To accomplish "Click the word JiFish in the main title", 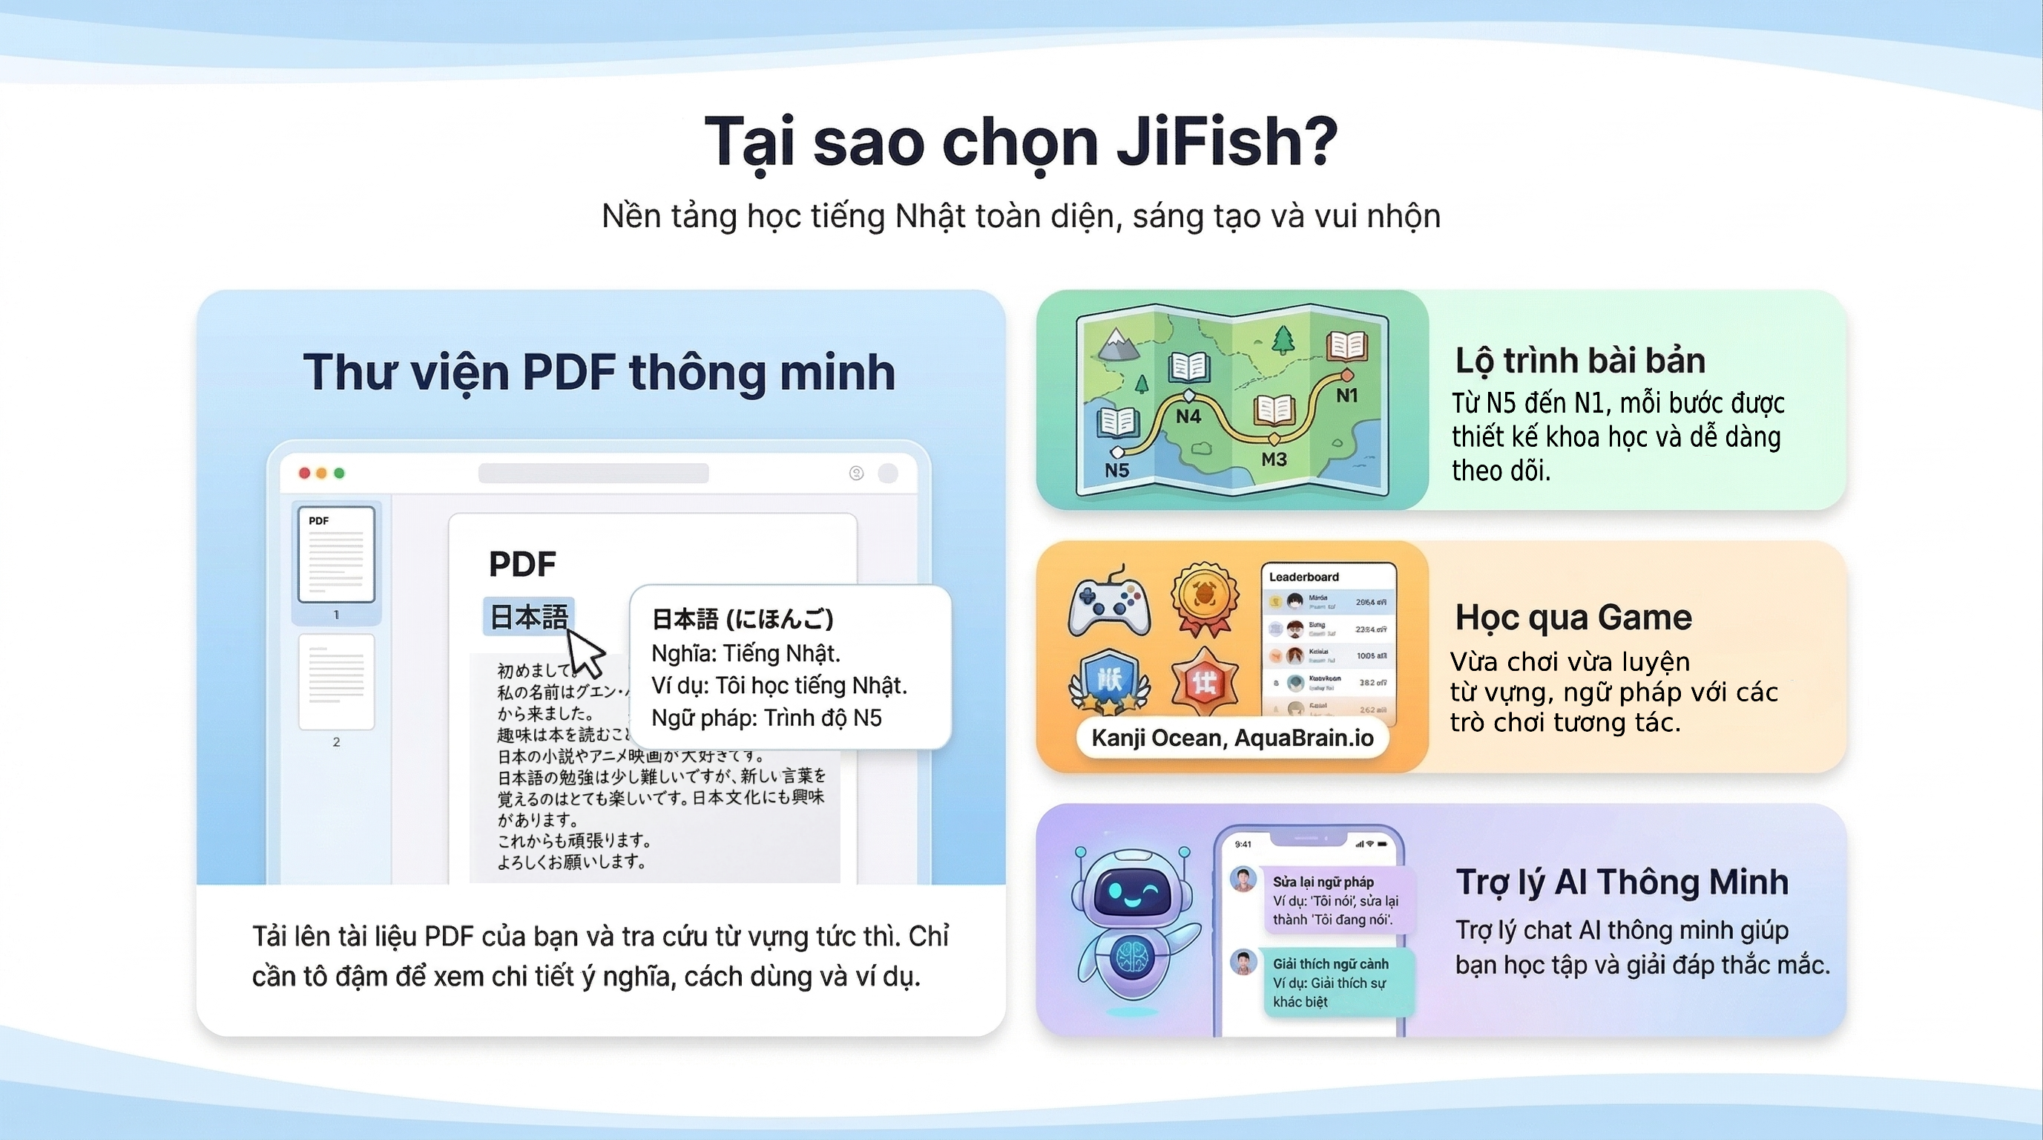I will (x=1226, y=142).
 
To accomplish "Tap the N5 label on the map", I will (x=1116, y=470).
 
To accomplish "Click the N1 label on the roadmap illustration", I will (x=1346, y=395).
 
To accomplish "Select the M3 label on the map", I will (x=1274, y=459).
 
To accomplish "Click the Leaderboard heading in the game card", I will (x=1303, y=577).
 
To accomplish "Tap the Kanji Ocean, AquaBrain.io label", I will (x=1231, y=738).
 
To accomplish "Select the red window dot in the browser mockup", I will (x=303, y=473).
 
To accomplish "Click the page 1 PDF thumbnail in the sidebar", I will (x=336, y=554).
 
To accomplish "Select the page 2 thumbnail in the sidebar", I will (x=336, y=682).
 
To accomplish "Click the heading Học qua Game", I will (x=1573, y=617).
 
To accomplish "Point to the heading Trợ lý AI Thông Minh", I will (x=1622, y=882).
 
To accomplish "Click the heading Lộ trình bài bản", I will (x=1580, y=360).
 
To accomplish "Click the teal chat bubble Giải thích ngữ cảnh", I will (x=1338, y=982).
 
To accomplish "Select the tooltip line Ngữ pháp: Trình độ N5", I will (x=766, y=718).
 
